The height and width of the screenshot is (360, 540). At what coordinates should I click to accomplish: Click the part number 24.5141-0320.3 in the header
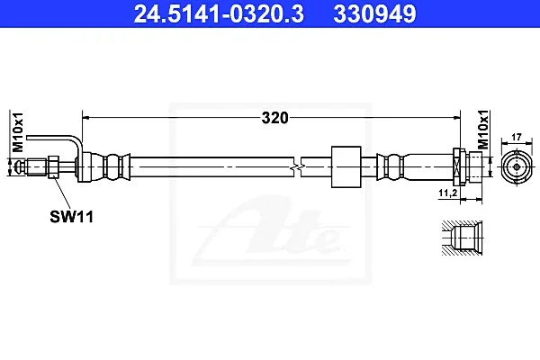pyautogui.click(x=219, y=14)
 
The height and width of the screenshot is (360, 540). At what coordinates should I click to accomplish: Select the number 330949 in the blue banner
pyautogui.click(x=374, y=14)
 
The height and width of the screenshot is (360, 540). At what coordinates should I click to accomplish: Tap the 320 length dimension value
pyautogui.click(x=274, y=118)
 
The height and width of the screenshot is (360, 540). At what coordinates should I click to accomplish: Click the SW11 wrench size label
pyautogui.click(x=72, y=217)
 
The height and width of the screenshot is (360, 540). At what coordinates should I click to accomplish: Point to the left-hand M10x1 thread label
pyautogui.click(x=18, y=132)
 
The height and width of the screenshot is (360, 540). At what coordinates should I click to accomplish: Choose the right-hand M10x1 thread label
pyautogui.click(x=483, y=130)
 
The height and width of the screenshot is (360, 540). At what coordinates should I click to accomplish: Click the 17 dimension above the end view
pyautogui.click(x=517, y=137)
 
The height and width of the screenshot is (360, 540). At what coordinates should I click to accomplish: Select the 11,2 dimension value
pyautogui.click(x=447, y=193)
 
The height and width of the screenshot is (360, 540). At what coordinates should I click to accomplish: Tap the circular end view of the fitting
pyautogui.click(x=517, y=167)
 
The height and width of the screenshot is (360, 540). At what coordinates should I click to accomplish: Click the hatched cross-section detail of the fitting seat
pyautogui.click(x=463, y=238)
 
